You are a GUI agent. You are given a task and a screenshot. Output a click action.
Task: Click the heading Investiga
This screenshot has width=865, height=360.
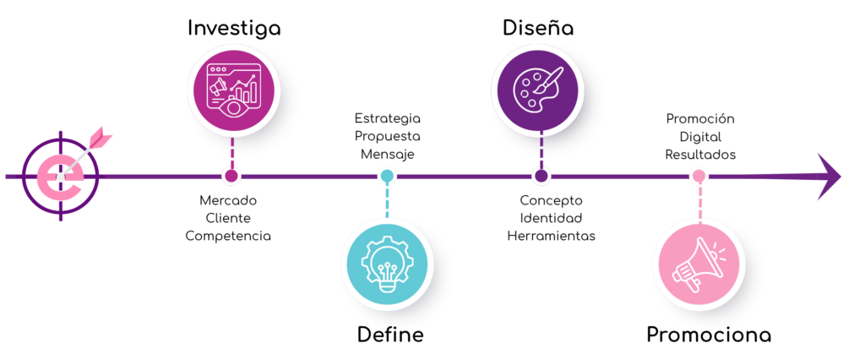coord(234,29)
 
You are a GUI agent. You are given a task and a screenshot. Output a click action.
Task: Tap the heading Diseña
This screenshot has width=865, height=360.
coord(538,28)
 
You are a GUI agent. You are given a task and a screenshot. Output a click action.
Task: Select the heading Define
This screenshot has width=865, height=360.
coord(390,335)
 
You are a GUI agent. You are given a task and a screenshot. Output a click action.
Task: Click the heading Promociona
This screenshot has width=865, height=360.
coord(709,335)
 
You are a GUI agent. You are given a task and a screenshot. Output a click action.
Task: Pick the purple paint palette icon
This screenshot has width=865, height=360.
coord(538,89)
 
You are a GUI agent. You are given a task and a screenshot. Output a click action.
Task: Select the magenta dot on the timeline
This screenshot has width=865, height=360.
coord(231,176)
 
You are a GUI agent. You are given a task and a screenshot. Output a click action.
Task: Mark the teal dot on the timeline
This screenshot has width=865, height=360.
coord(387,176)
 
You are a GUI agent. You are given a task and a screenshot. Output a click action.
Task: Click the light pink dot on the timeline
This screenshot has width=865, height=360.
coord(699,176)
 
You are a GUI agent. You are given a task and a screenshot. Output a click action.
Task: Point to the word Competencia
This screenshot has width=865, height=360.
coord(228,237)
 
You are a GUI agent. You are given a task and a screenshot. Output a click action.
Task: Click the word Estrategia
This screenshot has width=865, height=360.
coord(387,118)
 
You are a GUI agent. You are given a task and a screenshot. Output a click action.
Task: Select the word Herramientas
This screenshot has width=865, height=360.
coord(551,236)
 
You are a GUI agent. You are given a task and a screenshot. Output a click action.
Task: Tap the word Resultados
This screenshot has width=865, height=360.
coord(700,155)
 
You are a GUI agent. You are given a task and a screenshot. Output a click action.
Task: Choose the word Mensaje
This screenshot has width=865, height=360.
coord(387,155)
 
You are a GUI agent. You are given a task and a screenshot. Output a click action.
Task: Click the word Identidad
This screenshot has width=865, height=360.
coord(551,217)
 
